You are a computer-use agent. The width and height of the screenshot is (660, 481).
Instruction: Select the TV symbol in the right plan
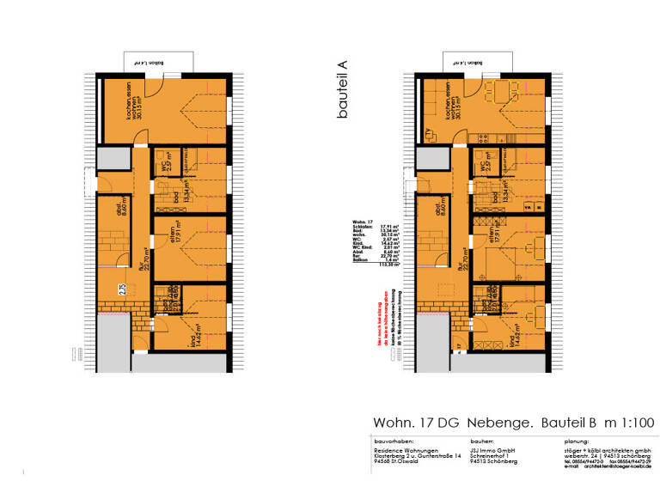[x=427, y=131]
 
